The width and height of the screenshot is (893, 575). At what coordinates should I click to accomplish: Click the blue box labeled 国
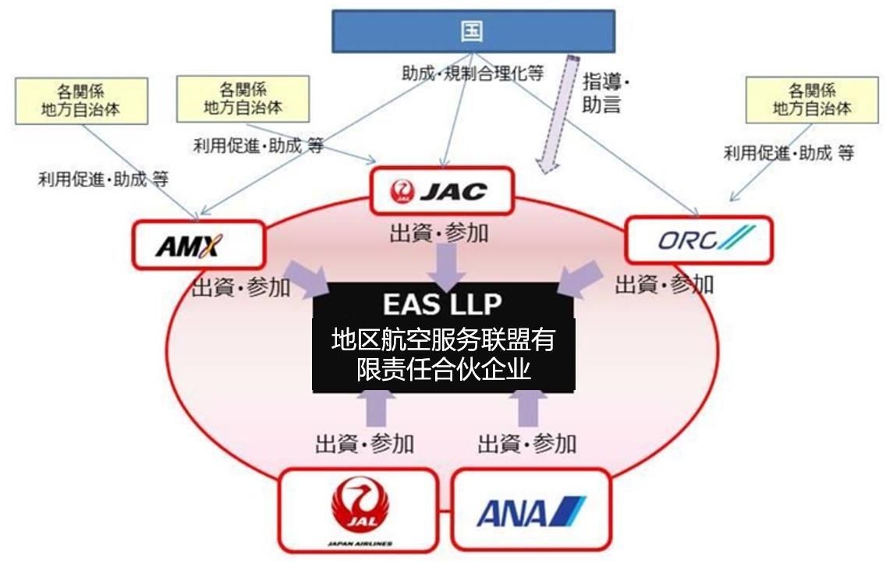473,31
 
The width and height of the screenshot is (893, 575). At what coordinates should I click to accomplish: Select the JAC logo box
441,190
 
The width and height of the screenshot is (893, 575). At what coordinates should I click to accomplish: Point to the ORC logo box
699,240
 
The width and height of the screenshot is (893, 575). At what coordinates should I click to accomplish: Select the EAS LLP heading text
443,303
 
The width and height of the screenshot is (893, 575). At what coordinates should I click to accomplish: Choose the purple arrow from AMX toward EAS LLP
312,279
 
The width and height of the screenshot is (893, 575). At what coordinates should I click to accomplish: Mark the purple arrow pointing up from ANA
531,407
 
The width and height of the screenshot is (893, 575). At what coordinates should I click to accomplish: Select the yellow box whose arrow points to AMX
81,101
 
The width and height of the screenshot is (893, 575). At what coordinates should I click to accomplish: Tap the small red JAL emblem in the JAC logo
402,190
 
